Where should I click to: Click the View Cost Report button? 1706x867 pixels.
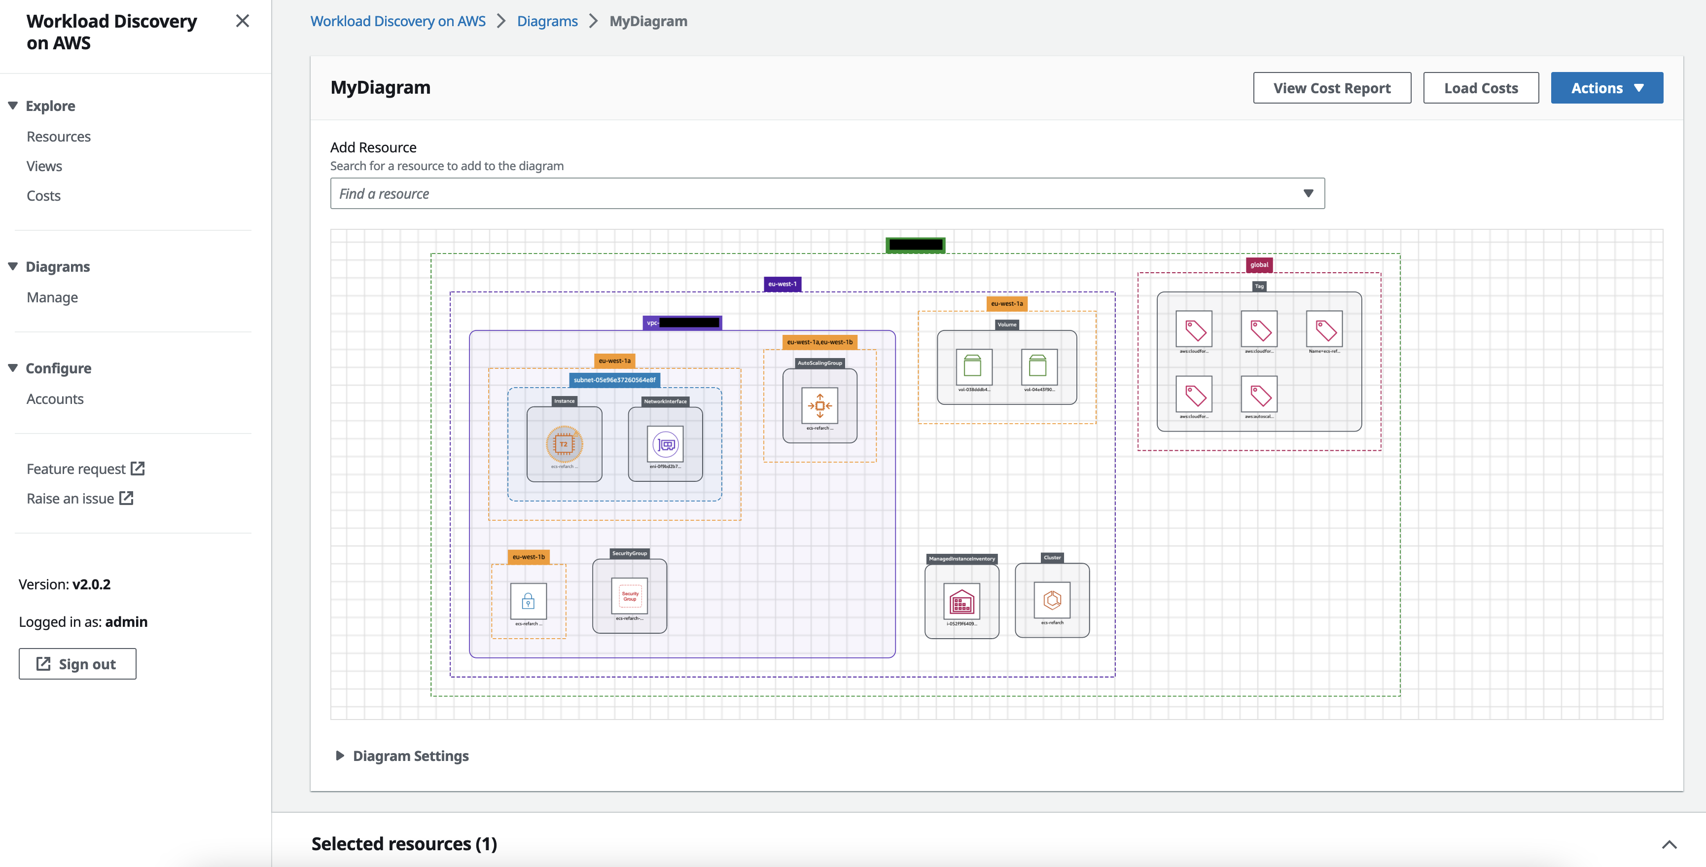pos(1331,88)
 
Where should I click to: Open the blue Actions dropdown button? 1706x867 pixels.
pos(1606,88)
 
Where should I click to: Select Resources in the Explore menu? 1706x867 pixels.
pos(58,137)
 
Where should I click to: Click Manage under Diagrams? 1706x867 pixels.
pos(52,297)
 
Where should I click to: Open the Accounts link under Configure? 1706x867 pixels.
pos(55,398)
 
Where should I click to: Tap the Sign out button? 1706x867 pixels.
pos(77,664)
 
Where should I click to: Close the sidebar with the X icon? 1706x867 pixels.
pos(243,21)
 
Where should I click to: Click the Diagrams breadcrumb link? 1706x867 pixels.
pos(547,21)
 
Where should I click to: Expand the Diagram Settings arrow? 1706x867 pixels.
pos(340,756)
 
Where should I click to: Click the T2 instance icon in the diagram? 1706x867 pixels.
pos(564,444)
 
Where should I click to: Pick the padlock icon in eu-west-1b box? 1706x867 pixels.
pos(528,601)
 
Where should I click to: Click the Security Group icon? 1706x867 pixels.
pos(629,595)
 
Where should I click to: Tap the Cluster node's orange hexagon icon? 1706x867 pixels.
pos(1052,600)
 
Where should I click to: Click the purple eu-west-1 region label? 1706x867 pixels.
pos(782,284)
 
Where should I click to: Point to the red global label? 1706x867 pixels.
pos(1258,265)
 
